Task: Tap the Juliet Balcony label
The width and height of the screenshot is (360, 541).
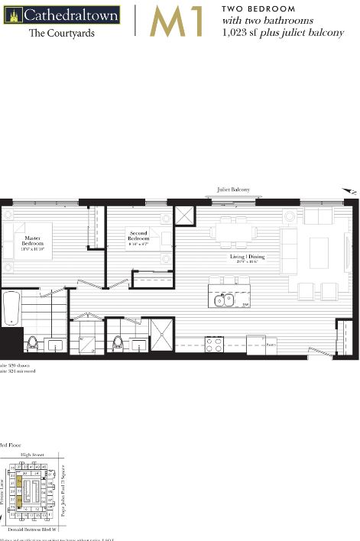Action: (233, 189)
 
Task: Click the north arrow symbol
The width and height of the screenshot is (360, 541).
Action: (349, 191)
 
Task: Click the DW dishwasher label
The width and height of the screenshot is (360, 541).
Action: (246, 305)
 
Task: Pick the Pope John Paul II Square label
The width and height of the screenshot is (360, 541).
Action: (73, 489)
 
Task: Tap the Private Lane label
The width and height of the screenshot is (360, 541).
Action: (3, 490)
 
